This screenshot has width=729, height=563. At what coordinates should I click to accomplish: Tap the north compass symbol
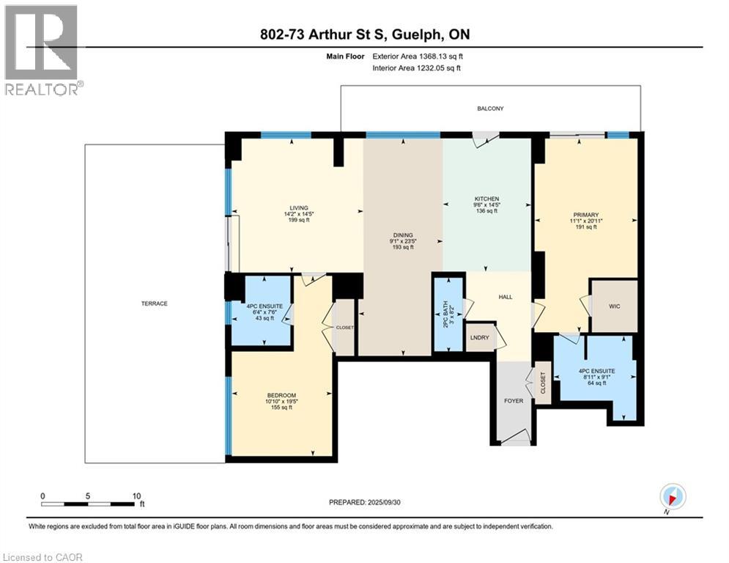[x=673, y=496]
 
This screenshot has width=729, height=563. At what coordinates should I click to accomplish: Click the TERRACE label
[x=155, y=303]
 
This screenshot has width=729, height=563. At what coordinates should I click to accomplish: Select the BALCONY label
[x=490, y=108]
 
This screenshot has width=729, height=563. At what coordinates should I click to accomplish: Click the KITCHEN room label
[x=486, y=199]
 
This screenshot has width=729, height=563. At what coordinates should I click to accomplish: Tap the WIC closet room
[x=614, y=306]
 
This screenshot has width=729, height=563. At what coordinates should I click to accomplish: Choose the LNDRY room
[x=480, y=337]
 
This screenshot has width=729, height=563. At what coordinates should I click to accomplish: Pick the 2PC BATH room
[x=448, y=314]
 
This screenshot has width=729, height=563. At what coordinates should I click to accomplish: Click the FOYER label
[x=514, y=400]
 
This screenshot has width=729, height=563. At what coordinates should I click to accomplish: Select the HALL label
[x=506, y=297]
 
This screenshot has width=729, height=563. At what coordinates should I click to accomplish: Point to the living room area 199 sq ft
[x=299, y=220]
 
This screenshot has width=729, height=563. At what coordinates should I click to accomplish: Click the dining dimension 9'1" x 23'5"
[x=403, y=241]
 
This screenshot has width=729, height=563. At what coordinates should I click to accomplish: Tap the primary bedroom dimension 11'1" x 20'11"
[x=586, y=221]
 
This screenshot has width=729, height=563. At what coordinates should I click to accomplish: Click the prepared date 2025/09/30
[x=384, y=502]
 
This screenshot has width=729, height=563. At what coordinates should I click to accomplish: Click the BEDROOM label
[x=281, y=396]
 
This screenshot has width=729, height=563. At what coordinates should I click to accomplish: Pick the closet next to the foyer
[x=543, y=383]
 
